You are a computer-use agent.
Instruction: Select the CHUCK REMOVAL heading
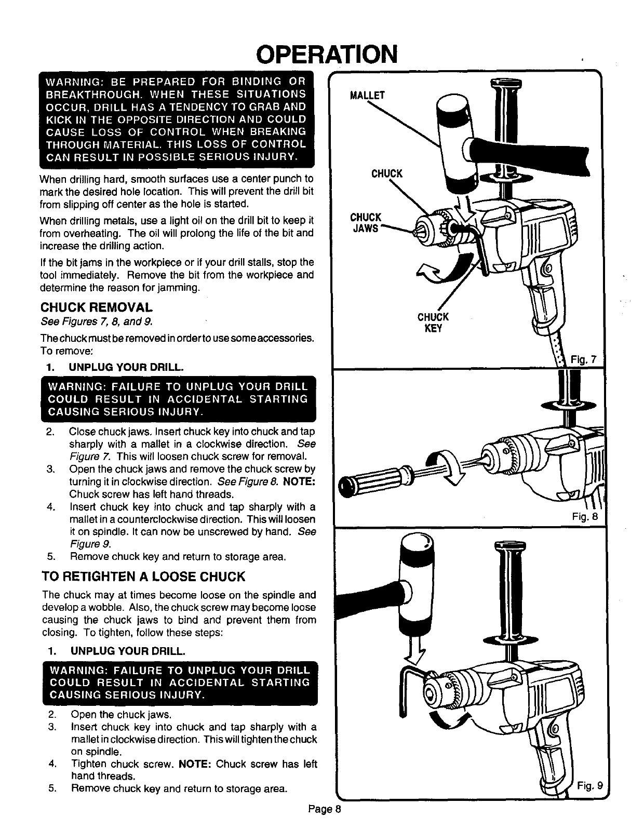click(97, 307)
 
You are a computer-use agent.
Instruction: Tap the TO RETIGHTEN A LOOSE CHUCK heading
click(143, 577)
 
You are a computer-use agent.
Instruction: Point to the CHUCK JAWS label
click(366, 222)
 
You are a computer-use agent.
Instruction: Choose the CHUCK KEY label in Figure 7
click(433, 323)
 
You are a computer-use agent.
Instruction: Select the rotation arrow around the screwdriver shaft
click(447, 465)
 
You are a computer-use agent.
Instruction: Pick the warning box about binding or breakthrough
click(177, 119)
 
